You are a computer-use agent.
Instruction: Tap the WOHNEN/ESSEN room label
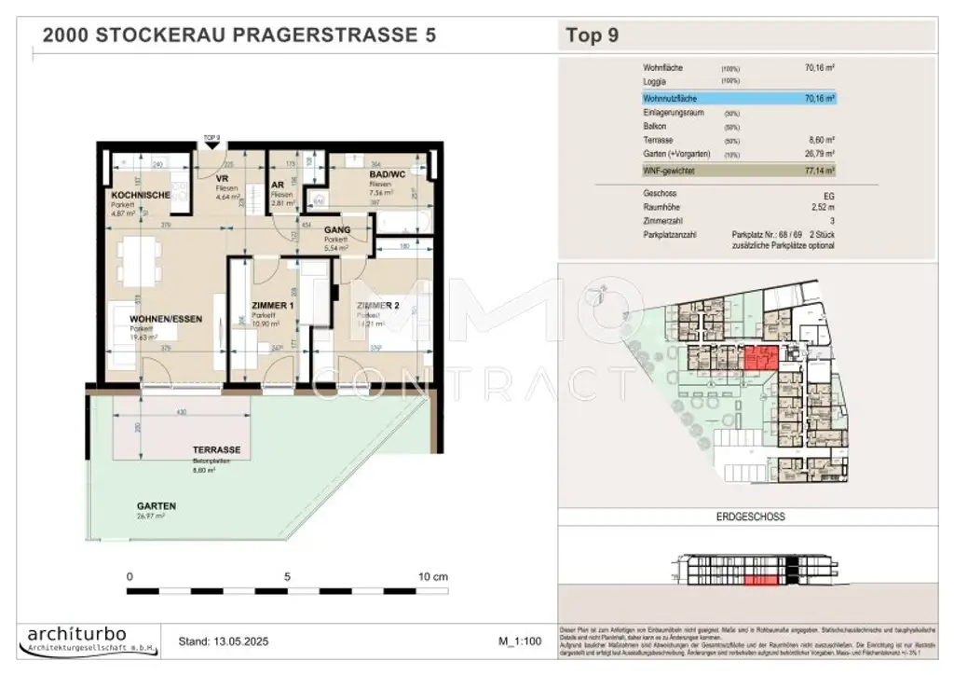(x=165, y=319)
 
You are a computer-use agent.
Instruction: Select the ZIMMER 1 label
(x=273, y=306)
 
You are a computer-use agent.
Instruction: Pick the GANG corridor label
(x=337, y=228)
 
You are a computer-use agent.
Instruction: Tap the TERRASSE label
(x=215, y=450)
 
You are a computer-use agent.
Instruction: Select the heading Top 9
(x=592, y=36)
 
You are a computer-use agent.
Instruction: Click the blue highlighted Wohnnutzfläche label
(x=669, y=97)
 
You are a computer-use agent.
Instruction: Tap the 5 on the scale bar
(x=287, y=577)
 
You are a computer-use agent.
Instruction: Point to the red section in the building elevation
(x=761, y=580)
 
